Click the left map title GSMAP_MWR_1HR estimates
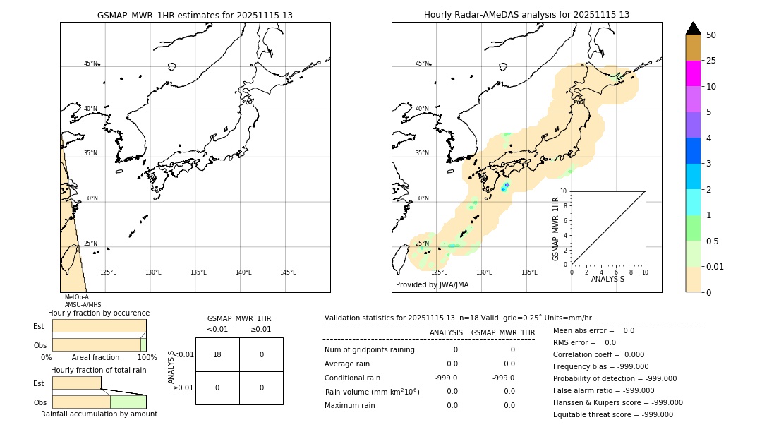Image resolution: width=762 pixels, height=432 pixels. pos(195,15)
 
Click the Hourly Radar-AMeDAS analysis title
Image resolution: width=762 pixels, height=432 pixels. pos(526,15)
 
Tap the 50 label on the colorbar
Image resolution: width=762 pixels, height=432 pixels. pos(711,35)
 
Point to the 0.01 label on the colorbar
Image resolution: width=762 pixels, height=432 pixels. pos(715,266)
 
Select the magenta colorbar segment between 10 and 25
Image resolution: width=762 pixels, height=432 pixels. pos(693,73)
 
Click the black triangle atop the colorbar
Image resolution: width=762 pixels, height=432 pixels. pos(693,28)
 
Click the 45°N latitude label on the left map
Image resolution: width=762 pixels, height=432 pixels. pos(91,64)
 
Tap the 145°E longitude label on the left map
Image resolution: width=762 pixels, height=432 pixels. pos(288,272)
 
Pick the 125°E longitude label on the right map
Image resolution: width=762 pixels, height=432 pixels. pos(439,272)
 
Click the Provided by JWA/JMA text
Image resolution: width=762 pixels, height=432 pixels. pos(432,284)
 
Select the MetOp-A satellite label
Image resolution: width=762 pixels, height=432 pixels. pos(77,297)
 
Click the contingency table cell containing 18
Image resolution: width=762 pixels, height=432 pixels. pos(217,354)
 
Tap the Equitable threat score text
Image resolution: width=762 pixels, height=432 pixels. pos(612,414)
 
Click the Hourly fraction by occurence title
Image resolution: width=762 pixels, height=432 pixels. pos(99,313)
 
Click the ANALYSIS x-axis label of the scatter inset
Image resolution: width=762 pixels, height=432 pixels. pos(607,279)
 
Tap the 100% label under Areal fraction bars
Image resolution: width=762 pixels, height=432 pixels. pos(147,357)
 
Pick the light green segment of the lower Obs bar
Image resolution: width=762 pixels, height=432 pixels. pos(128,402)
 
